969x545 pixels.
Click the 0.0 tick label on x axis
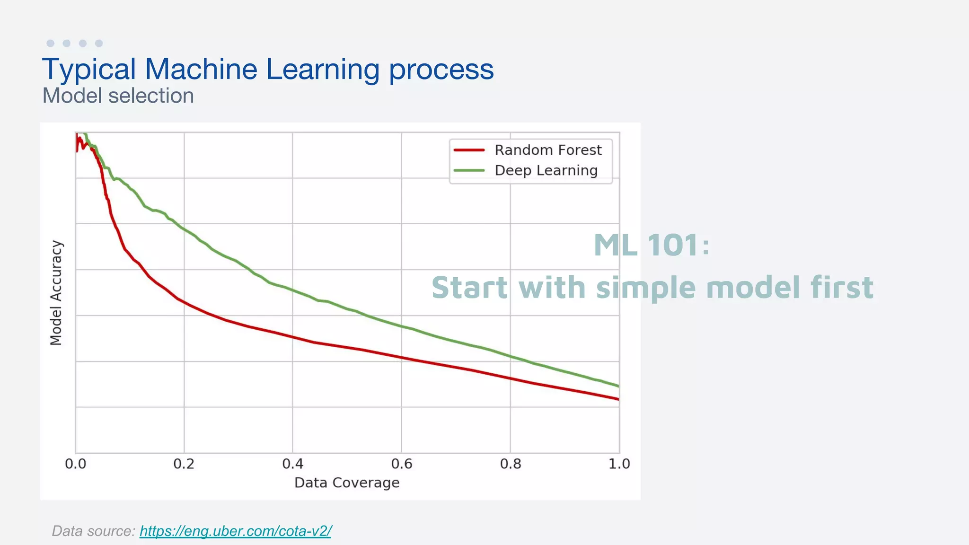click(x=76, y=464)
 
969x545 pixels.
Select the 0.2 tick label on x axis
click(x=184, y=464)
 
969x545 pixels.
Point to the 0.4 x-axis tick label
click(x=292, y=464)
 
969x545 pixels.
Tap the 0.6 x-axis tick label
click(x=401, y=464)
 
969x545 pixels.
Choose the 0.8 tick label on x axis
click(x=510, y=464)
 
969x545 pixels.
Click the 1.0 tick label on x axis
click(x=619, y=464)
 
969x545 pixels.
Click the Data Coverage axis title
click(x=347, y=483)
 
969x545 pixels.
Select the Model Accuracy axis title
click(x=56, y=293)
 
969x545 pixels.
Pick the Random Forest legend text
click(x=548, y=150)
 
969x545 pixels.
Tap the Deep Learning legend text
click(x=546, y=170)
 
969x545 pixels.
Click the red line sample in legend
click(x=469, y=150)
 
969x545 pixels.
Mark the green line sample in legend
click(x=469, y=170)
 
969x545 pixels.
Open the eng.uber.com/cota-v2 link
click(x=235, y=531)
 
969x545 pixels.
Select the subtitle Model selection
click(x=118, y=96)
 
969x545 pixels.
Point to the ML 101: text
click(x=652, y=245)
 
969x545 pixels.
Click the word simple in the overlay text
click(x=646, y=288)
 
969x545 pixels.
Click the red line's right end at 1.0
click(x=617, y=399)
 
